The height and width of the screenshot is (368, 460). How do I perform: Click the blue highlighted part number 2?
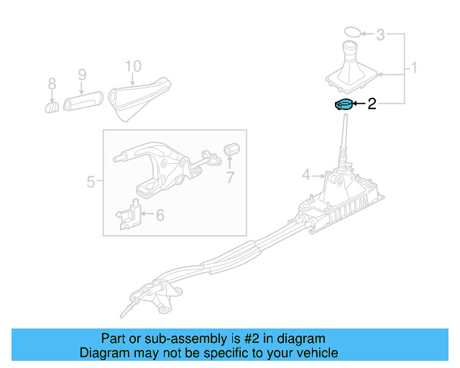(x=344, y=105)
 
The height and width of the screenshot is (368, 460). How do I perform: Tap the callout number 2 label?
(x=372, y=105)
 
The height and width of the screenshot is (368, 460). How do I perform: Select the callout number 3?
(x=381, y=34)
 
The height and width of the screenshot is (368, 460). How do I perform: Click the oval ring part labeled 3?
(x=351, y=32)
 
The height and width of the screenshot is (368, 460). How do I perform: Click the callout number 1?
(x=414, y=68)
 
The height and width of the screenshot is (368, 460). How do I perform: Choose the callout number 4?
(x=305, y=175)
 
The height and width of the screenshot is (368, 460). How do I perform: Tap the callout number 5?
(x=91, y=182)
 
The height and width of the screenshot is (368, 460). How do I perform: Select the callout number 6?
(x=160, y=214)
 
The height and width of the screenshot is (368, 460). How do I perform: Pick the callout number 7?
(x=230, y=178)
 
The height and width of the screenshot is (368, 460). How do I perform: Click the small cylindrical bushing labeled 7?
(x=231, y=149)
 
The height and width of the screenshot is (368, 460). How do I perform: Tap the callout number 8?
(x=52, y=86)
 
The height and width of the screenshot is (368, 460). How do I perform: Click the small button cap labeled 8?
(x=52, y=107)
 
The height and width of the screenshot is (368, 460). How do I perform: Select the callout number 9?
(x=81, y=74)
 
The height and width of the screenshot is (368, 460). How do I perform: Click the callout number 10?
(x=134, y=66)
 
